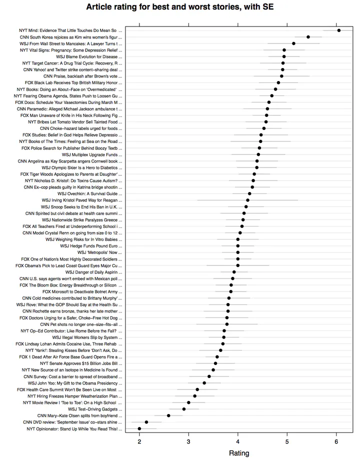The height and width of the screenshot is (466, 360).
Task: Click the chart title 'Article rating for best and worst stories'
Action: click(180, 7)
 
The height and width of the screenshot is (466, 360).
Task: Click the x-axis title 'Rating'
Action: click(238, 453)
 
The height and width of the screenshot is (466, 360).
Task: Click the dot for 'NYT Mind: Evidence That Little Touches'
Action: click(338, 30)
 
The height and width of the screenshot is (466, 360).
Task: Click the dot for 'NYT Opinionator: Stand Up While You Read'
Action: click(139, 428)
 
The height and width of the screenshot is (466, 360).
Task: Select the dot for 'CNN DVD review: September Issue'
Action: click(146, 422)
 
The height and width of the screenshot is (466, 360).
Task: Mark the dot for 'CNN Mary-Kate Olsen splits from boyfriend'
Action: click(168, 415)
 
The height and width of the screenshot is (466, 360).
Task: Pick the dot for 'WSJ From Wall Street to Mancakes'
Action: click(293, 43)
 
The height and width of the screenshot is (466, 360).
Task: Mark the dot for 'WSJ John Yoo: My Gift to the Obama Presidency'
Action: click(204, 383)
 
